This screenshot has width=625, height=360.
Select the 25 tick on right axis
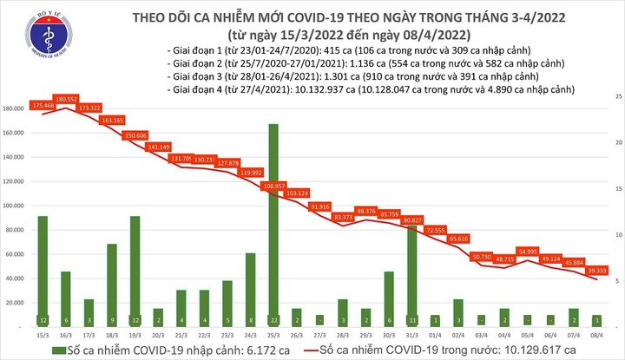click(616, 94)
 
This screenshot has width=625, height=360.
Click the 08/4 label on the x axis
click(597, 334)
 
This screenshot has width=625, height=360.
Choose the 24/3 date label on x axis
click(250, 334)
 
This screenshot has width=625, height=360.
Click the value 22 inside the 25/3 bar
click(273, 320)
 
